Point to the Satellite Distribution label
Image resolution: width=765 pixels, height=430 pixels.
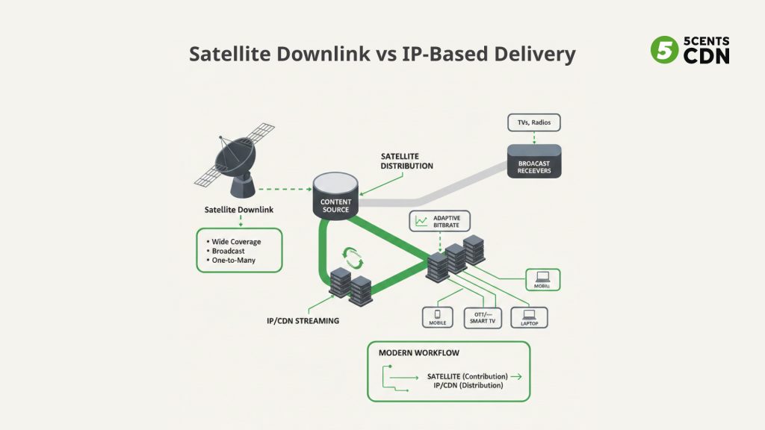(406, 161)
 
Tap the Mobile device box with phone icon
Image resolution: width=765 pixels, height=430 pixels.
(439, 317)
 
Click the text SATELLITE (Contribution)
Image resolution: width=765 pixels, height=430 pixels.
(467, 376)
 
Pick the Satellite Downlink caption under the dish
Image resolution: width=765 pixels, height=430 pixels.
(238, 210)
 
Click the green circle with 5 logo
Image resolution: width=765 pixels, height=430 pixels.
(662, 49)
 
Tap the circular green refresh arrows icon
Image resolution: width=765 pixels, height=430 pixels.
(351, 256)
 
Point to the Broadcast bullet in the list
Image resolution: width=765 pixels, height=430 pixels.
(229, 251)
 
